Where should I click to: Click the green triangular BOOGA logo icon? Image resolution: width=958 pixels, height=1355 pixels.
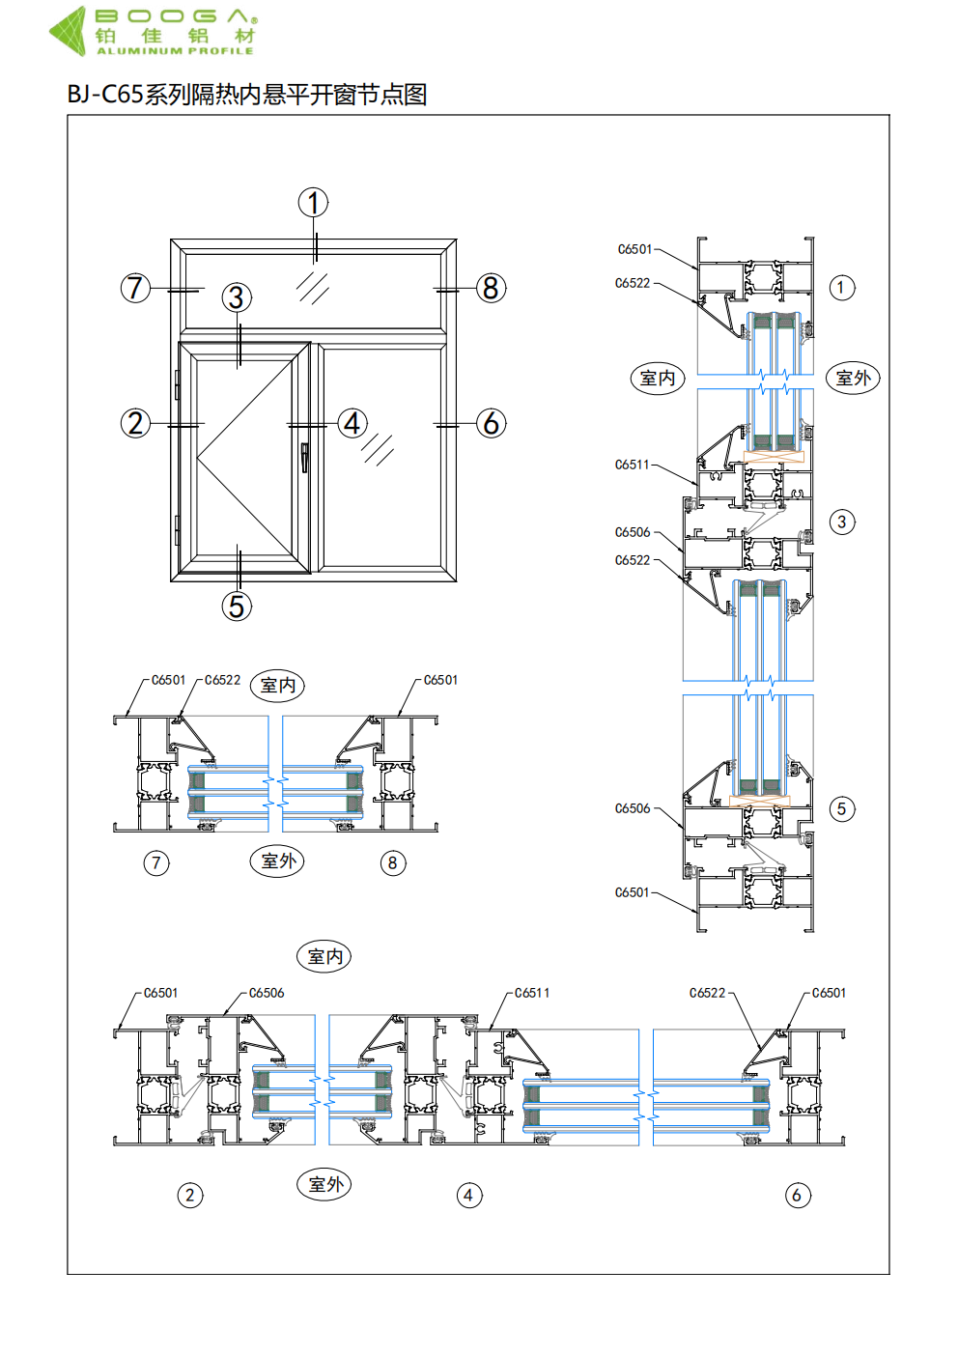coord(69,30)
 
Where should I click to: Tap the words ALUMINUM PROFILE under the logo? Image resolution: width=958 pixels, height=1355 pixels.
coord(175,50)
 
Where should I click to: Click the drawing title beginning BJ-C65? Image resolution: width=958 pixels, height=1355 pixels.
coord(247,95)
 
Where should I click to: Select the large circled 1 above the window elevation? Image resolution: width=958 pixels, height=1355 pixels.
coord(313,203)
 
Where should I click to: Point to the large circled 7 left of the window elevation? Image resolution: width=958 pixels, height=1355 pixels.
coord(135,288)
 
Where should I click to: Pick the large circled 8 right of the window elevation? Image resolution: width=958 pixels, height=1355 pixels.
coord(491,288)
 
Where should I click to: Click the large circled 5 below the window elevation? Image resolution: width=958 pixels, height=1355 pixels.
coord(237,607)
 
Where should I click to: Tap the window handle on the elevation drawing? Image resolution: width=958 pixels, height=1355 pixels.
coord(305,457)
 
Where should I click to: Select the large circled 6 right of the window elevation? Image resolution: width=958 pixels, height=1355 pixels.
coord(491,423)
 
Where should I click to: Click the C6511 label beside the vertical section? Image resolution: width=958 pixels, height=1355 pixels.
coord(633,465)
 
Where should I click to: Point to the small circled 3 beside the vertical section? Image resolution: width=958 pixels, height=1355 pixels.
coord(842,522)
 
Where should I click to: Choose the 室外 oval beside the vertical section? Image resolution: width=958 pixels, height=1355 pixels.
coord(853,378)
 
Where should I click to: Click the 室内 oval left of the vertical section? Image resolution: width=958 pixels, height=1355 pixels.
coord(658,378)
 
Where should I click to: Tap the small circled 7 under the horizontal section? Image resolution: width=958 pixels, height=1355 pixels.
coord(156,862)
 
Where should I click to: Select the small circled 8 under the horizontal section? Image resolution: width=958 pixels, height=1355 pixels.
coord(392,862)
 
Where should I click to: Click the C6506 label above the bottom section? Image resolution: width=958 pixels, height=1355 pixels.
coord(267,993)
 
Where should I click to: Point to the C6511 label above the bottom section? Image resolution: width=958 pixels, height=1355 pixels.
coord(532,993)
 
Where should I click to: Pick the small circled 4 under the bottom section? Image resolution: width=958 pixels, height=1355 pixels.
coord(468,1196)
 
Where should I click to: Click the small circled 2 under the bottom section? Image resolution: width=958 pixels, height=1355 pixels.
coord(190,1196)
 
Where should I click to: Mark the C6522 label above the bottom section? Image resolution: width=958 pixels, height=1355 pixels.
coord(707,993)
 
